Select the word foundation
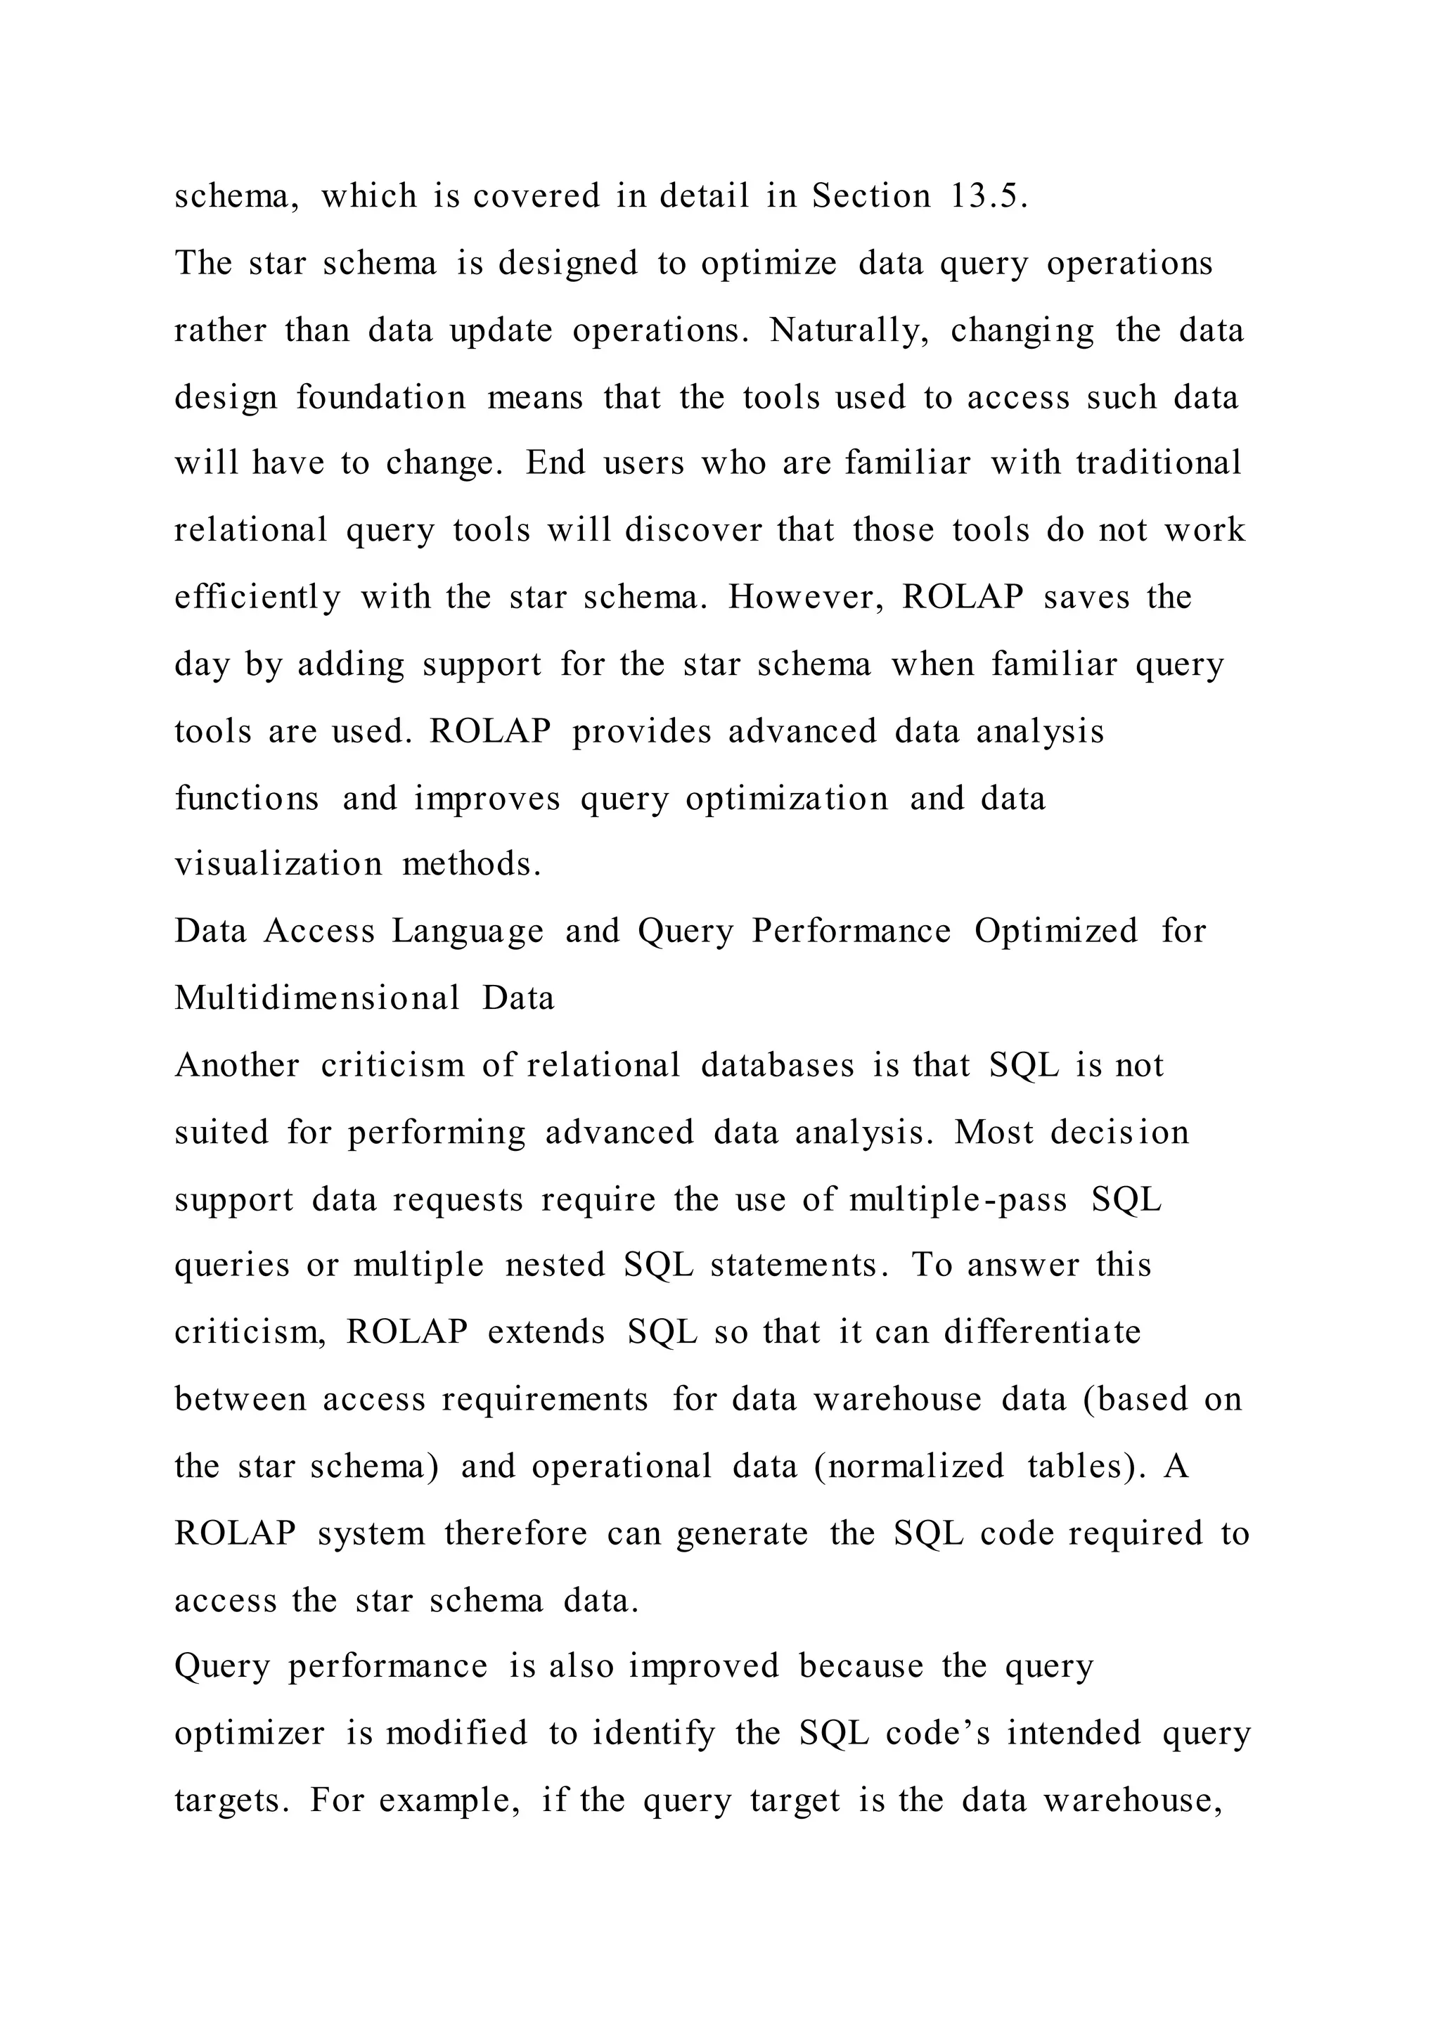[381, 397]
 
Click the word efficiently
[257, 597]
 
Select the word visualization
[278, 864]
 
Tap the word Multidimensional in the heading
[317, 998]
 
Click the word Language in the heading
[468, 931]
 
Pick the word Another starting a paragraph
[237, 1064]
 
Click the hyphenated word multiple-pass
[958, 1199]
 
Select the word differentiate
[1042, 1332]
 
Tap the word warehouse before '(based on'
[897, 1398]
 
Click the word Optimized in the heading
[1056, 931]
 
